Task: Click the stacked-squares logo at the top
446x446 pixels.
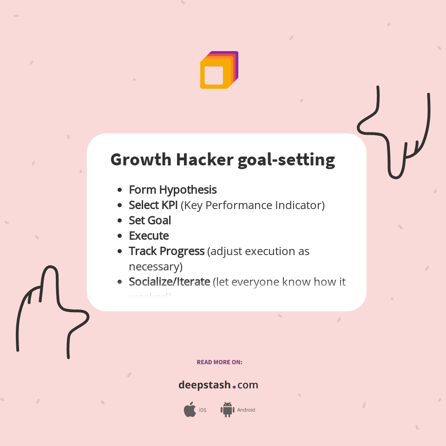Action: tap(219, 70)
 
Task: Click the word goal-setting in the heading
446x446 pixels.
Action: tap(286, 160)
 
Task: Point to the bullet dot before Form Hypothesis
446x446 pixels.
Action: tap(120, 190)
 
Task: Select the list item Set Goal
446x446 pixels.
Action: tap(150, 220)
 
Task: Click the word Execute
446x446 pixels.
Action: tap(149, 236)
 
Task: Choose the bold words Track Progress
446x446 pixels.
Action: tap(166, 251)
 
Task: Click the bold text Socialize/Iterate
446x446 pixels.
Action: tap(169, 282)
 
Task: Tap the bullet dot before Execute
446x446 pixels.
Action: tap(120, 236)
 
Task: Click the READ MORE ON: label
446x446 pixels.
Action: tap(219, 362)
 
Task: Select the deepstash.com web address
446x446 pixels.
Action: tap(218, 385)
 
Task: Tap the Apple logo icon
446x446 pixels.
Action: tap(190, 410)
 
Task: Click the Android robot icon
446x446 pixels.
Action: tap(227, 410)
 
